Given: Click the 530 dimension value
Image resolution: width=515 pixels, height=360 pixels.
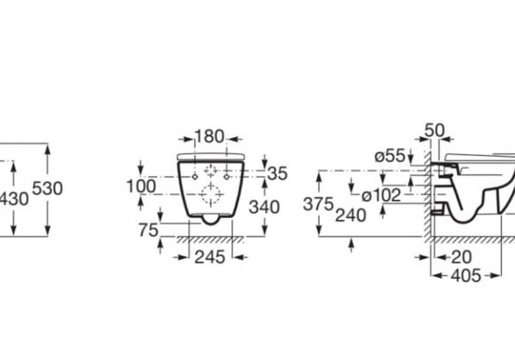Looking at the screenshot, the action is (47, 188).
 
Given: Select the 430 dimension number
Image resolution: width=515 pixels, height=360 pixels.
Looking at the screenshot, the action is (14, 199).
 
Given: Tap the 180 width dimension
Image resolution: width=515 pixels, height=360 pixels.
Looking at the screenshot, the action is (209, 136).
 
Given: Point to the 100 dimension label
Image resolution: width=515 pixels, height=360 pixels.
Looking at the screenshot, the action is (141, 187).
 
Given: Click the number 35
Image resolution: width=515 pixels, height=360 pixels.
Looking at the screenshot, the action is (278, 173).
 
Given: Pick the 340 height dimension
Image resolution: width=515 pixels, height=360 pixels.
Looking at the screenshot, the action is (265, 207).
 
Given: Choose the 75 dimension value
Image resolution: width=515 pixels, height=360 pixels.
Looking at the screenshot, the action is (149, 229).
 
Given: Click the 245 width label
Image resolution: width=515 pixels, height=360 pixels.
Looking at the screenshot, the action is (210, 257).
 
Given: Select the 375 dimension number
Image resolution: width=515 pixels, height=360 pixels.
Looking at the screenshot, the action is (318, 204).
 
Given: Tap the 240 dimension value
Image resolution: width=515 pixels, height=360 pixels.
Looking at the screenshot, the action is (350, 215).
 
